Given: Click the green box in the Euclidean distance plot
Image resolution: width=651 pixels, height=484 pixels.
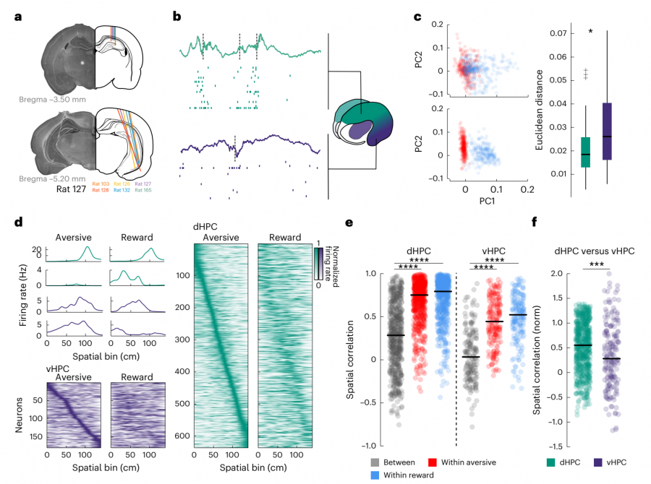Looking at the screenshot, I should pos(585,152).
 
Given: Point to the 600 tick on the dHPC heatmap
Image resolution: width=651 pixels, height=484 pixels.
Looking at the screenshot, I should pos(182,436).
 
